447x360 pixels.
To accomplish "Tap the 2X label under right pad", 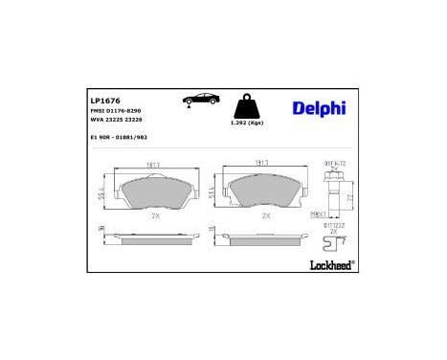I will (265, 216).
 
